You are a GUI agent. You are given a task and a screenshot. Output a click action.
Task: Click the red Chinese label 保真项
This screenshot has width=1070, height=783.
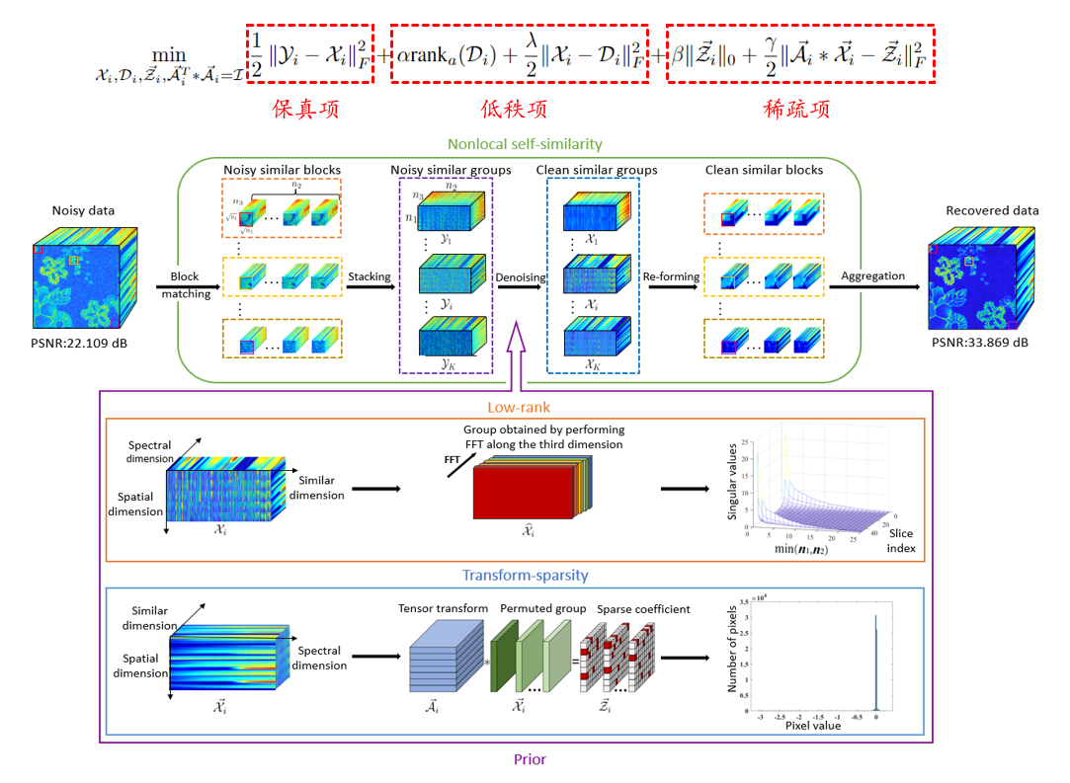[x=308, y=109]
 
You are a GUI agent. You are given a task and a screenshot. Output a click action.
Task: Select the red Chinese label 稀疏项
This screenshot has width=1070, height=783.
[x=800, y=109]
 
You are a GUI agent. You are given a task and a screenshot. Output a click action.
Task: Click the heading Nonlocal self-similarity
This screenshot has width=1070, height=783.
[x=525, y=144]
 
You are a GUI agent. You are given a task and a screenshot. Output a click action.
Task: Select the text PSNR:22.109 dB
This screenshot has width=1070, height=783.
[x=78, y=345]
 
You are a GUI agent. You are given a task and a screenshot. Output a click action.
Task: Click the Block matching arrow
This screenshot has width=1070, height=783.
[x=184, y=287]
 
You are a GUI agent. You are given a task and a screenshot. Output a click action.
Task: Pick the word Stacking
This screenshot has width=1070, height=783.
[x=369, y=277]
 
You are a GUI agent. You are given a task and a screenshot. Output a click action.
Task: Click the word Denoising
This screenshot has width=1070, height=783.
[x=520, y=277]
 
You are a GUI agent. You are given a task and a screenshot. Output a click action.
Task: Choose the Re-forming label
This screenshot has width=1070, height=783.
[x=673, y=277]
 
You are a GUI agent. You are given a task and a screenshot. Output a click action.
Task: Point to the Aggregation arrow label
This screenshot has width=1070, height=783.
[x=872, y=275]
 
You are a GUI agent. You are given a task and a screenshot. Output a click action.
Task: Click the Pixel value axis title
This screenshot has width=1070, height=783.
[x=812, y=725]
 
